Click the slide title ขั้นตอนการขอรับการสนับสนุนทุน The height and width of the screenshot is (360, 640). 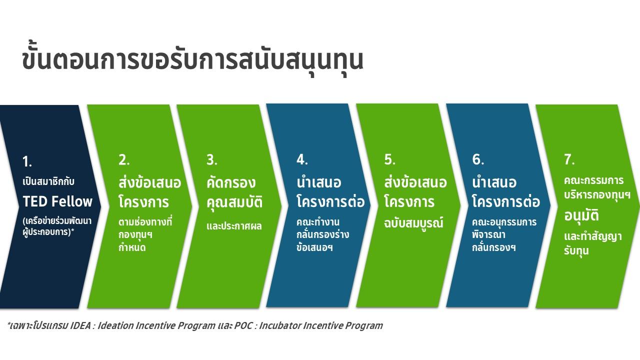coord(192,59)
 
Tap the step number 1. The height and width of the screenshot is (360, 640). coord(27,161)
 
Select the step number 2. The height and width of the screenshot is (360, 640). coord(124,160)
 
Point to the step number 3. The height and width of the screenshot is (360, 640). coord(211,160)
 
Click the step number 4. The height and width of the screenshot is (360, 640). coord(302,159)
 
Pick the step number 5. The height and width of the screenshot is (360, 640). coord(389,159)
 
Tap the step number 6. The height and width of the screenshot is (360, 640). coord(478,159)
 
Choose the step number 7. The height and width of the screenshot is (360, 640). coord(569,159)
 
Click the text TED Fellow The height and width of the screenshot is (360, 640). coord(57,201)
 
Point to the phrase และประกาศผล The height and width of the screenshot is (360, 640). coord(234,226)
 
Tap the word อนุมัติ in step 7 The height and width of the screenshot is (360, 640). coord(581,215)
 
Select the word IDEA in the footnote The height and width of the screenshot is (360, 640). coord(80,325)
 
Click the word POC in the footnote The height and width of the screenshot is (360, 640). coord(243,325)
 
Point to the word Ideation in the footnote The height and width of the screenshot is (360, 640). coord(115,325)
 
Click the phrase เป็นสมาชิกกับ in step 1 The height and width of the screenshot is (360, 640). coord(48,181)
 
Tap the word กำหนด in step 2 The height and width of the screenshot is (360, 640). coord(132,247)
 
